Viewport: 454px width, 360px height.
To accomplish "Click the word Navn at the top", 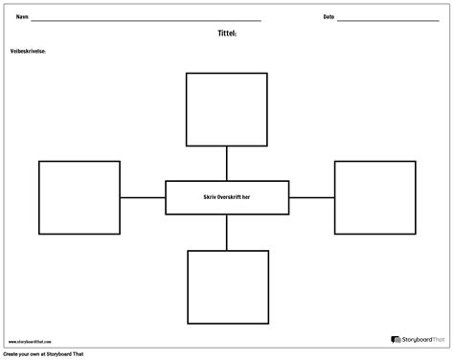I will tap(21, 17).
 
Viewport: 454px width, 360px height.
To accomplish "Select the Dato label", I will tap(329, 17).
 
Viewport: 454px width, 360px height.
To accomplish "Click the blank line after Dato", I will tap(388, 20).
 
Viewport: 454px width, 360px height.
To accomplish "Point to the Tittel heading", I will tap(227, 32).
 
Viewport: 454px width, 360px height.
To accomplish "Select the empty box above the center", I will tap(227, 108).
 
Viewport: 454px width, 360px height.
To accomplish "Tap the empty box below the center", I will tap(227, 286).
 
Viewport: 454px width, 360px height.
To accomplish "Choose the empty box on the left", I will tap(79, 197).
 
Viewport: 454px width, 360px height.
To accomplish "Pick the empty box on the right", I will tap(375, 197).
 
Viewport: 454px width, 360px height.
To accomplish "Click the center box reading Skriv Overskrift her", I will tap(227, 197).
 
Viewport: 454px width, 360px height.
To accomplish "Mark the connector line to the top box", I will tap(227, 163).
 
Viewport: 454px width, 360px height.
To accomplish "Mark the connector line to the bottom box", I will tap(227, 233).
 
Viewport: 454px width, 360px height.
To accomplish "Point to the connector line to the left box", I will tap(143, 197).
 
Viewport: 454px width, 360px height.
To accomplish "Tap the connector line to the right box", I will tap(311, 197).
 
